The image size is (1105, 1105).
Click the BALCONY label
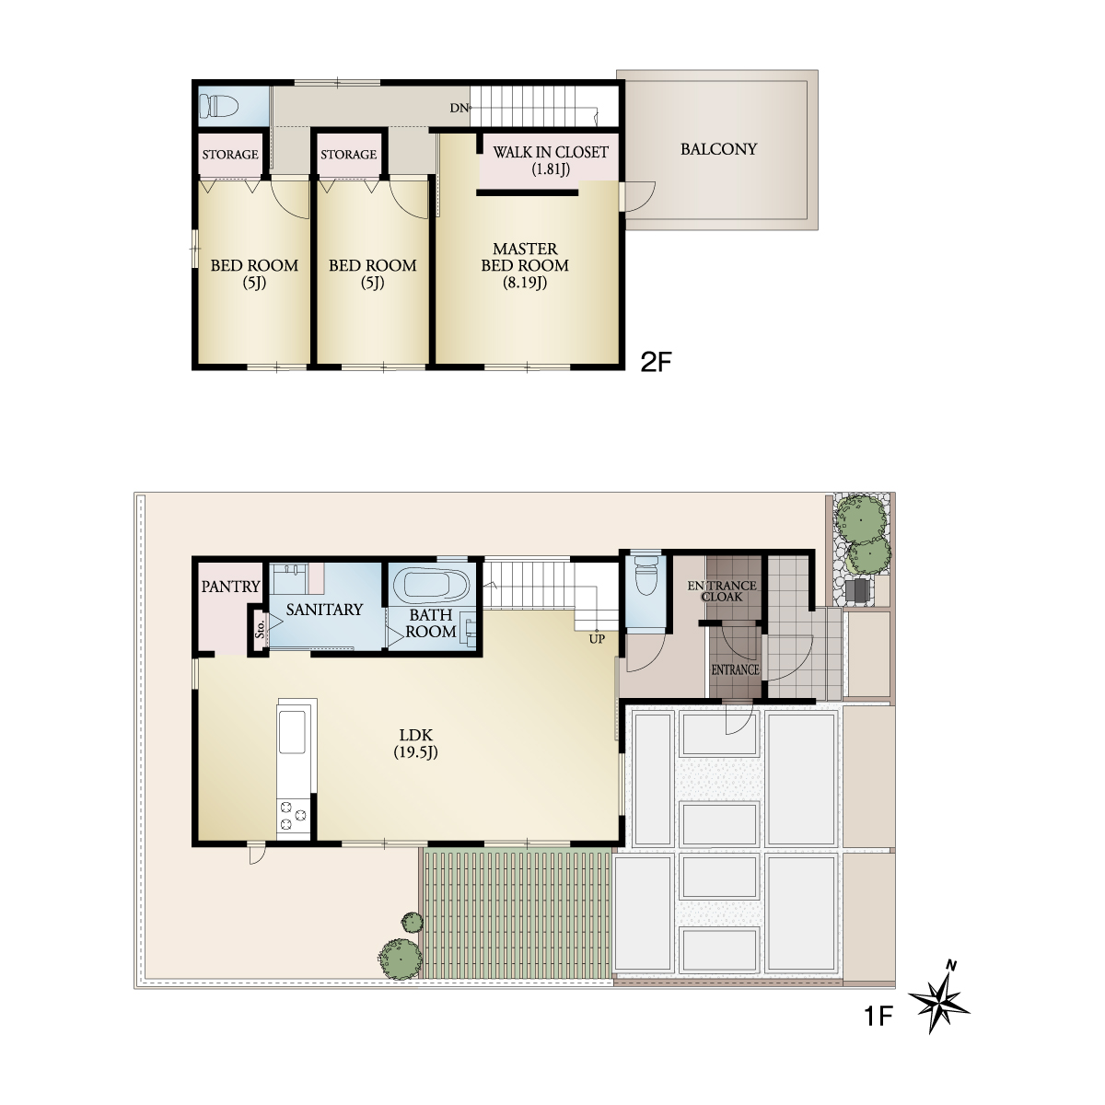point(718,149)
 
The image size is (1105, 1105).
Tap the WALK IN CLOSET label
point(550,152)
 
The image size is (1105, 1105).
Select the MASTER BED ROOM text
point(525,257)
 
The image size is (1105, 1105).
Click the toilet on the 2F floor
point(219,106)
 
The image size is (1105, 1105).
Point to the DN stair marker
point(459,108)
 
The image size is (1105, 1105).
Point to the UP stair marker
point(597,639)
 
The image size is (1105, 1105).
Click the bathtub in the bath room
point(431,586)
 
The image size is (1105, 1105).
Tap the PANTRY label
point(230,586)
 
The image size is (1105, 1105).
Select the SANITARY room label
point(324,609)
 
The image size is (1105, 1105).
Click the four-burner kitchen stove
point(293,817)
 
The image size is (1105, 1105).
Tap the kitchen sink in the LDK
point(292,731)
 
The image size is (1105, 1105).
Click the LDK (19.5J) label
point(415,743)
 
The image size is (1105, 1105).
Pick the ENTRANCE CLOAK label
point(722,590)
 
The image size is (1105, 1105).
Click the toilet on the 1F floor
point(646,576)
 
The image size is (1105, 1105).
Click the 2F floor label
point(656,362)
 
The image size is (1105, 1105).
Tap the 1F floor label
point(878,1016)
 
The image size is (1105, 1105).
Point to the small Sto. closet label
point(261,629)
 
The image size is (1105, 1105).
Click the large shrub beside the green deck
point(400,959)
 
